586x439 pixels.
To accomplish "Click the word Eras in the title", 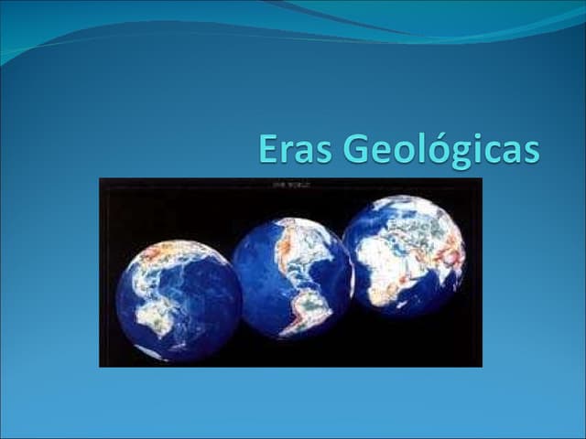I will [x=288, y=149].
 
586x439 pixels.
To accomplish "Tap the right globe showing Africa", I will [x=404, y=255].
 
